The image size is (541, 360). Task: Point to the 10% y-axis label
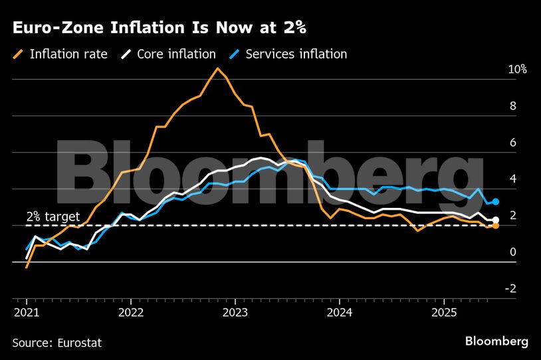498,70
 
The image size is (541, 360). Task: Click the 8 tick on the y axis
494,106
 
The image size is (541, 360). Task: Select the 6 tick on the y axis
494,142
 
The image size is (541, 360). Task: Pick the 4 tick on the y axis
494,179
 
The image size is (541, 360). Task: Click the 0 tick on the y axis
494,252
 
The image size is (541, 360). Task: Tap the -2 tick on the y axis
492,288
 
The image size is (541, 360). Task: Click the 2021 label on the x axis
27,312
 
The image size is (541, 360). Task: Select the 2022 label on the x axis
131,312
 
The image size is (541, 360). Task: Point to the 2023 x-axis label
235,312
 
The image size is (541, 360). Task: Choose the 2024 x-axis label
340,312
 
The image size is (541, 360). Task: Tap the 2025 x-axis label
444,312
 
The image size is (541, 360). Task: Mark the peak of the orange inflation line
217,68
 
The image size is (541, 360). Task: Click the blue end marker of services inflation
495,201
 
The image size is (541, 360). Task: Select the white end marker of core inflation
495,220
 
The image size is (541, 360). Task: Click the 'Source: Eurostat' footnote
57,343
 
